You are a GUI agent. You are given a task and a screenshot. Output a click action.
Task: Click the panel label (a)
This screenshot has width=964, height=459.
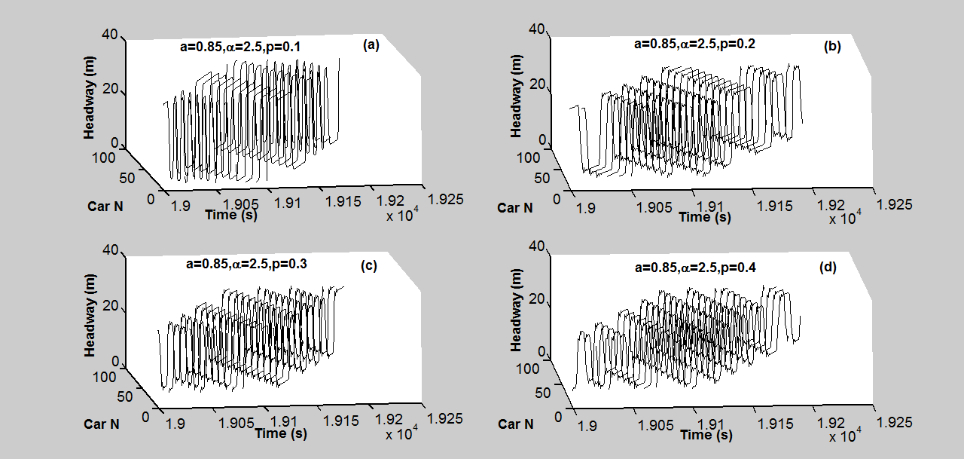pyautogui.click(x=370, y=45)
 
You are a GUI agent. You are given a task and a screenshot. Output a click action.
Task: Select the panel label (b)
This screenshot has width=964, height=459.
pyautogui.click(x=832, y=47)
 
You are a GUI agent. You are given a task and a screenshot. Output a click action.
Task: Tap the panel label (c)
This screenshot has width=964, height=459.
pyautogui.click(x=370, y=265)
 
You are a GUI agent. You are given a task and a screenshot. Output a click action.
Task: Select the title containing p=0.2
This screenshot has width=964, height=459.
pyautogui.click(x=694, y=44)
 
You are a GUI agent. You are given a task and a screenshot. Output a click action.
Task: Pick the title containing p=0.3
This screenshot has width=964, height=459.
pyautogui.click(x=246, y=264)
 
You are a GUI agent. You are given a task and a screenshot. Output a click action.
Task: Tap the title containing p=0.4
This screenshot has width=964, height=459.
pyautogui.click(x=694, y=267)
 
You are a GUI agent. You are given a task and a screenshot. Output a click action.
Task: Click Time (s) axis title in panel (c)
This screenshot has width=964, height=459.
pyautogui.click(x=280, y=433)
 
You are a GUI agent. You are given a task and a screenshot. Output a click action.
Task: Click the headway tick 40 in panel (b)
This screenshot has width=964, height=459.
pyautogui.click(x=537, y=29)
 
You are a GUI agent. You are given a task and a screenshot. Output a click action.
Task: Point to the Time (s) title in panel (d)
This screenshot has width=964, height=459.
pyautogui.click(x=706, y=435)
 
